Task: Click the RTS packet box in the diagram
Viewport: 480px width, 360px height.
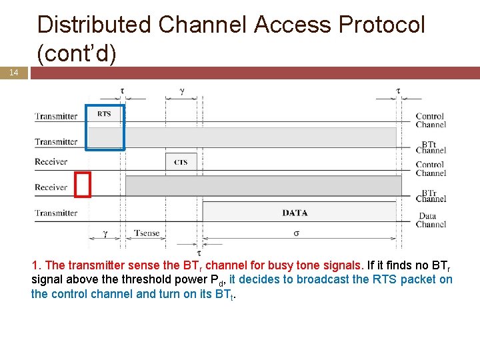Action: pos(105,114)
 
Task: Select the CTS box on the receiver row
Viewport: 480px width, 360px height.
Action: pos(181,162)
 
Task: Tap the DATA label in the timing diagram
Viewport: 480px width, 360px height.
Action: pos(295,213)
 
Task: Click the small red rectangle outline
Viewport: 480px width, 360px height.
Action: pos(83,185)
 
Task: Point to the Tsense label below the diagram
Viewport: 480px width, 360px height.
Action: pos(147,233)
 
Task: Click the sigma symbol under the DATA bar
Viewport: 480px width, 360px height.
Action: pos(296,233)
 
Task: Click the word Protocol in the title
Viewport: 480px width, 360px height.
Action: pos(381,25)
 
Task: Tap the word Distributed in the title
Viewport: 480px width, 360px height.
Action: pos(95,25)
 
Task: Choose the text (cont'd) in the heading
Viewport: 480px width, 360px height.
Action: pos(77,53)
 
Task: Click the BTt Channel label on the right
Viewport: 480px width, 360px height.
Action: pos(430,147)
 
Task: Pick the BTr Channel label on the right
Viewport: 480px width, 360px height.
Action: pos(430,195)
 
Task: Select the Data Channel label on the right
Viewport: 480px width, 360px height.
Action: pos(431,220)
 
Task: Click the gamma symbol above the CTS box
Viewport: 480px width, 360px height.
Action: pos(182,91)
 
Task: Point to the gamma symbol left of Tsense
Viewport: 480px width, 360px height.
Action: pos(105,233)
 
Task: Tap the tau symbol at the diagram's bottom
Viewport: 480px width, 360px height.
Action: pos(198,253)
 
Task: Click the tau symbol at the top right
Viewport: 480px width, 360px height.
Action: pos(398,90)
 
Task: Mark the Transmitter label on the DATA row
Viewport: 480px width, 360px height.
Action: pos(56,213)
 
